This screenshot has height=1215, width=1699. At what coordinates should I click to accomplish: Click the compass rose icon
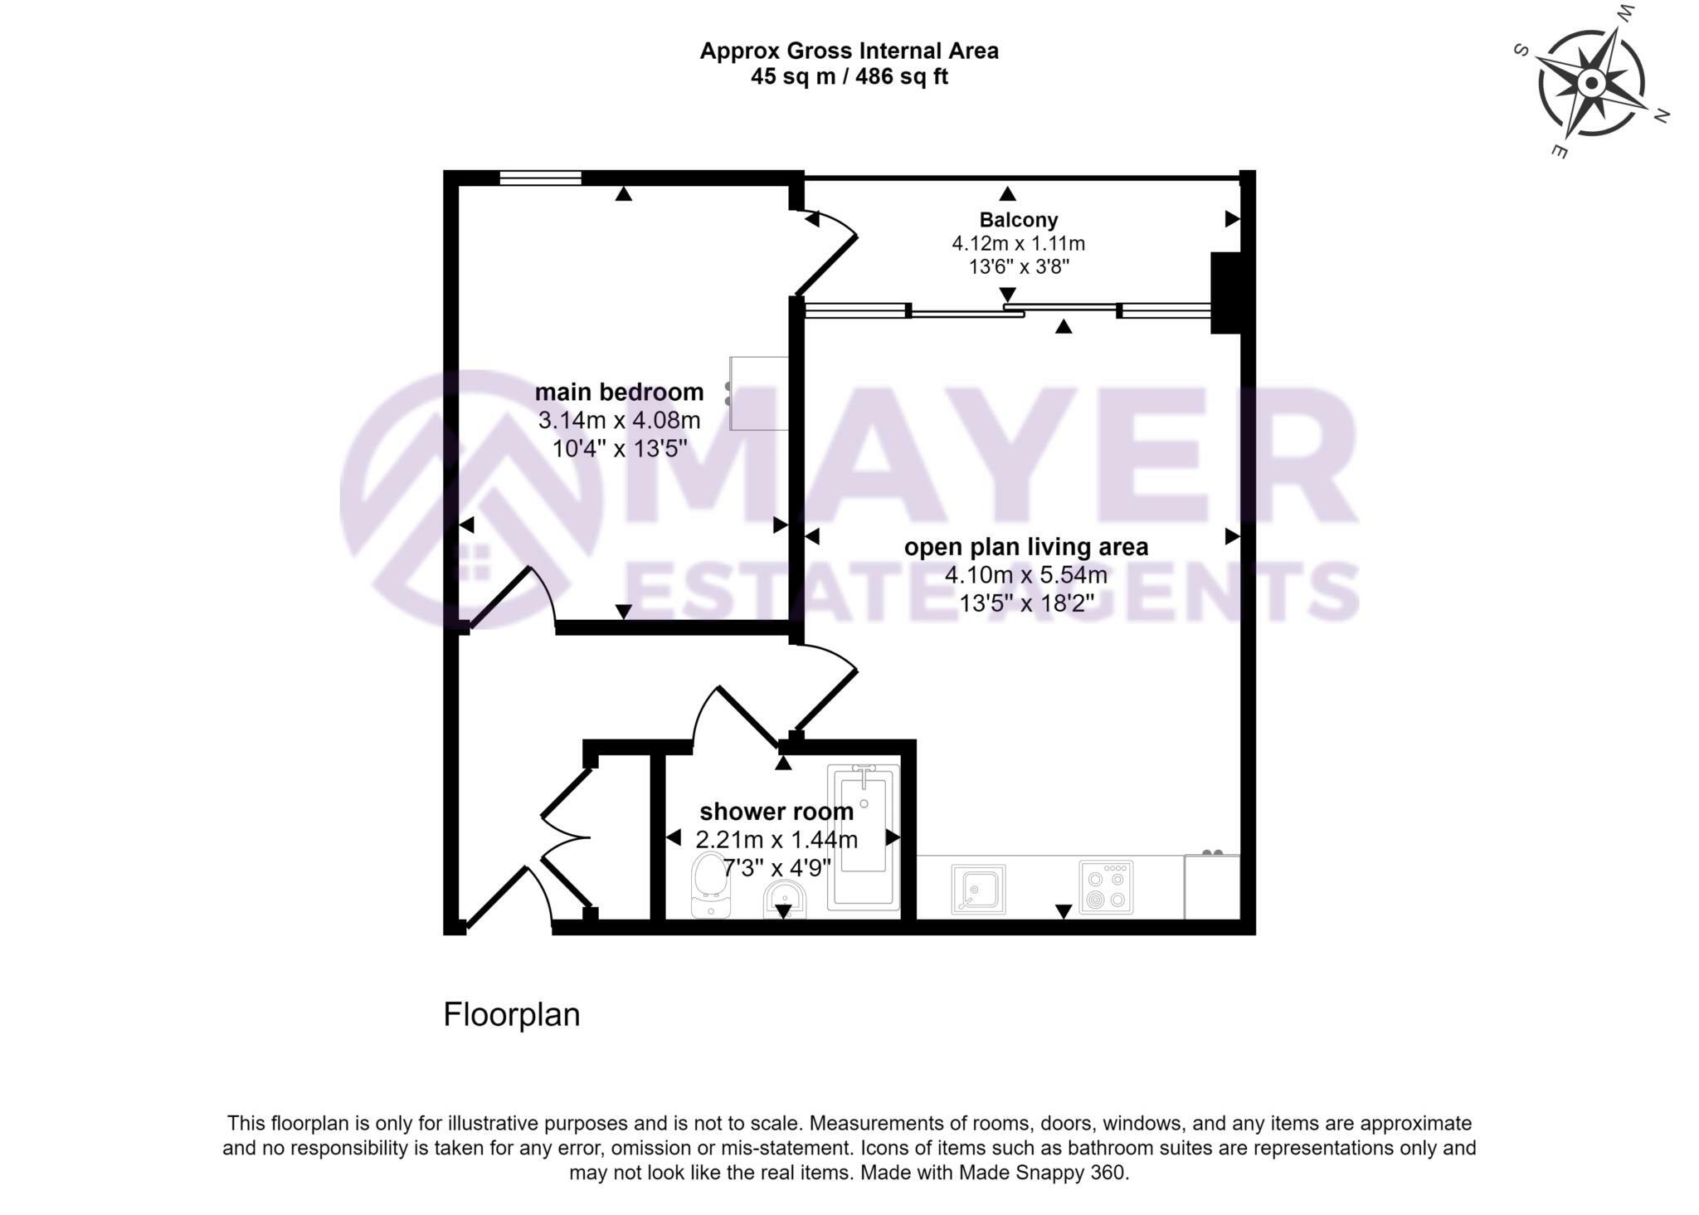click(1590, 84)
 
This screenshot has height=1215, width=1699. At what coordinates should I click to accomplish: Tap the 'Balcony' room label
click(1018, 220)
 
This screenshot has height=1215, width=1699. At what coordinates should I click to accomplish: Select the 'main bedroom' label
click(619, 392)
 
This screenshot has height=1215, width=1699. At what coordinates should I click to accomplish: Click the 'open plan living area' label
click(1025, 547)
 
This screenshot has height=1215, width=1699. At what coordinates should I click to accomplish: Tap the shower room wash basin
click(783, 900)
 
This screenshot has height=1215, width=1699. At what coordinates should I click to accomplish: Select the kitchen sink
click(978, 889)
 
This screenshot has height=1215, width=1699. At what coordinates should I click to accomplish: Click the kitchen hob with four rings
click(1106, 887)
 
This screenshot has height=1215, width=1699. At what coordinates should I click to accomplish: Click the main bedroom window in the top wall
click(540, 177)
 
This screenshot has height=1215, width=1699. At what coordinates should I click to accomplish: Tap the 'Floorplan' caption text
click(511, 1015)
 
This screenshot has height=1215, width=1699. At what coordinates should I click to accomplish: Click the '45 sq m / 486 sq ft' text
click(849, 77)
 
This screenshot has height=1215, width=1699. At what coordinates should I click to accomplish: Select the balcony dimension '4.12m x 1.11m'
click(1018, 244)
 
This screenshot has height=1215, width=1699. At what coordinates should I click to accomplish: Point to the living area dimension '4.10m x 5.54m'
click(1025, 574)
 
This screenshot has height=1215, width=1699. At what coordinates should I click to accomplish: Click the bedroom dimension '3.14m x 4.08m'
click(619, 420)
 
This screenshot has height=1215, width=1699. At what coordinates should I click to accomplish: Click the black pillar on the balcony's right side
click(1225, 292)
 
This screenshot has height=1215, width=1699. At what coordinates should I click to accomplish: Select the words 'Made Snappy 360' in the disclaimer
click(1043, 1173)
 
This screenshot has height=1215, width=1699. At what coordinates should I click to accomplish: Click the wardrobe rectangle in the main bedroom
click(758, 393)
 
